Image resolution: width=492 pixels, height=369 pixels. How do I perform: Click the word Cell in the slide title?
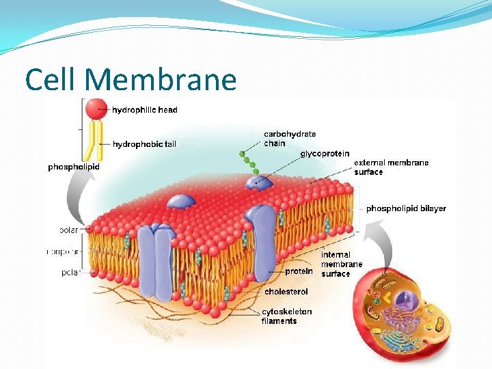(x=53, y=80)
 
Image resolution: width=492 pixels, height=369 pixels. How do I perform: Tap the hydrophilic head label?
(x=145, y=109)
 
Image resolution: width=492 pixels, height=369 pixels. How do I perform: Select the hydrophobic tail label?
(x=144, y=144)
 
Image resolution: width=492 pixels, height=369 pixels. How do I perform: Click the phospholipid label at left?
(x=74, y=167)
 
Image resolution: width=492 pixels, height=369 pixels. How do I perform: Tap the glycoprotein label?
(x=325, y=154)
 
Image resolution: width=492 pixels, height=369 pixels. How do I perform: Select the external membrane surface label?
(x=391, y=167)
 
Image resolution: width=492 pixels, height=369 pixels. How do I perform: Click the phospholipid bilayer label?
(x=406, y=208)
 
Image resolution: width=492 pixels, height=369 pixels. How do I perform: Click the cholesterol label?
(x=286, y=292)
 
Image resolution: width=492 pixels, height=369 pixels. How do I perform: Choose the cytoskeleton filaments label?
(x=286, y=316)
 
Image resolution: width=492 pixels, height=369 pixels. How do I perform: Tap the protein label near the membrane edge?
(x=299, y=271)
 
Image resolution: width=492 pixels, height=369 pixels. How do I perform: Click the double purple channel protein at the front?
(x=155, y=256)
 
